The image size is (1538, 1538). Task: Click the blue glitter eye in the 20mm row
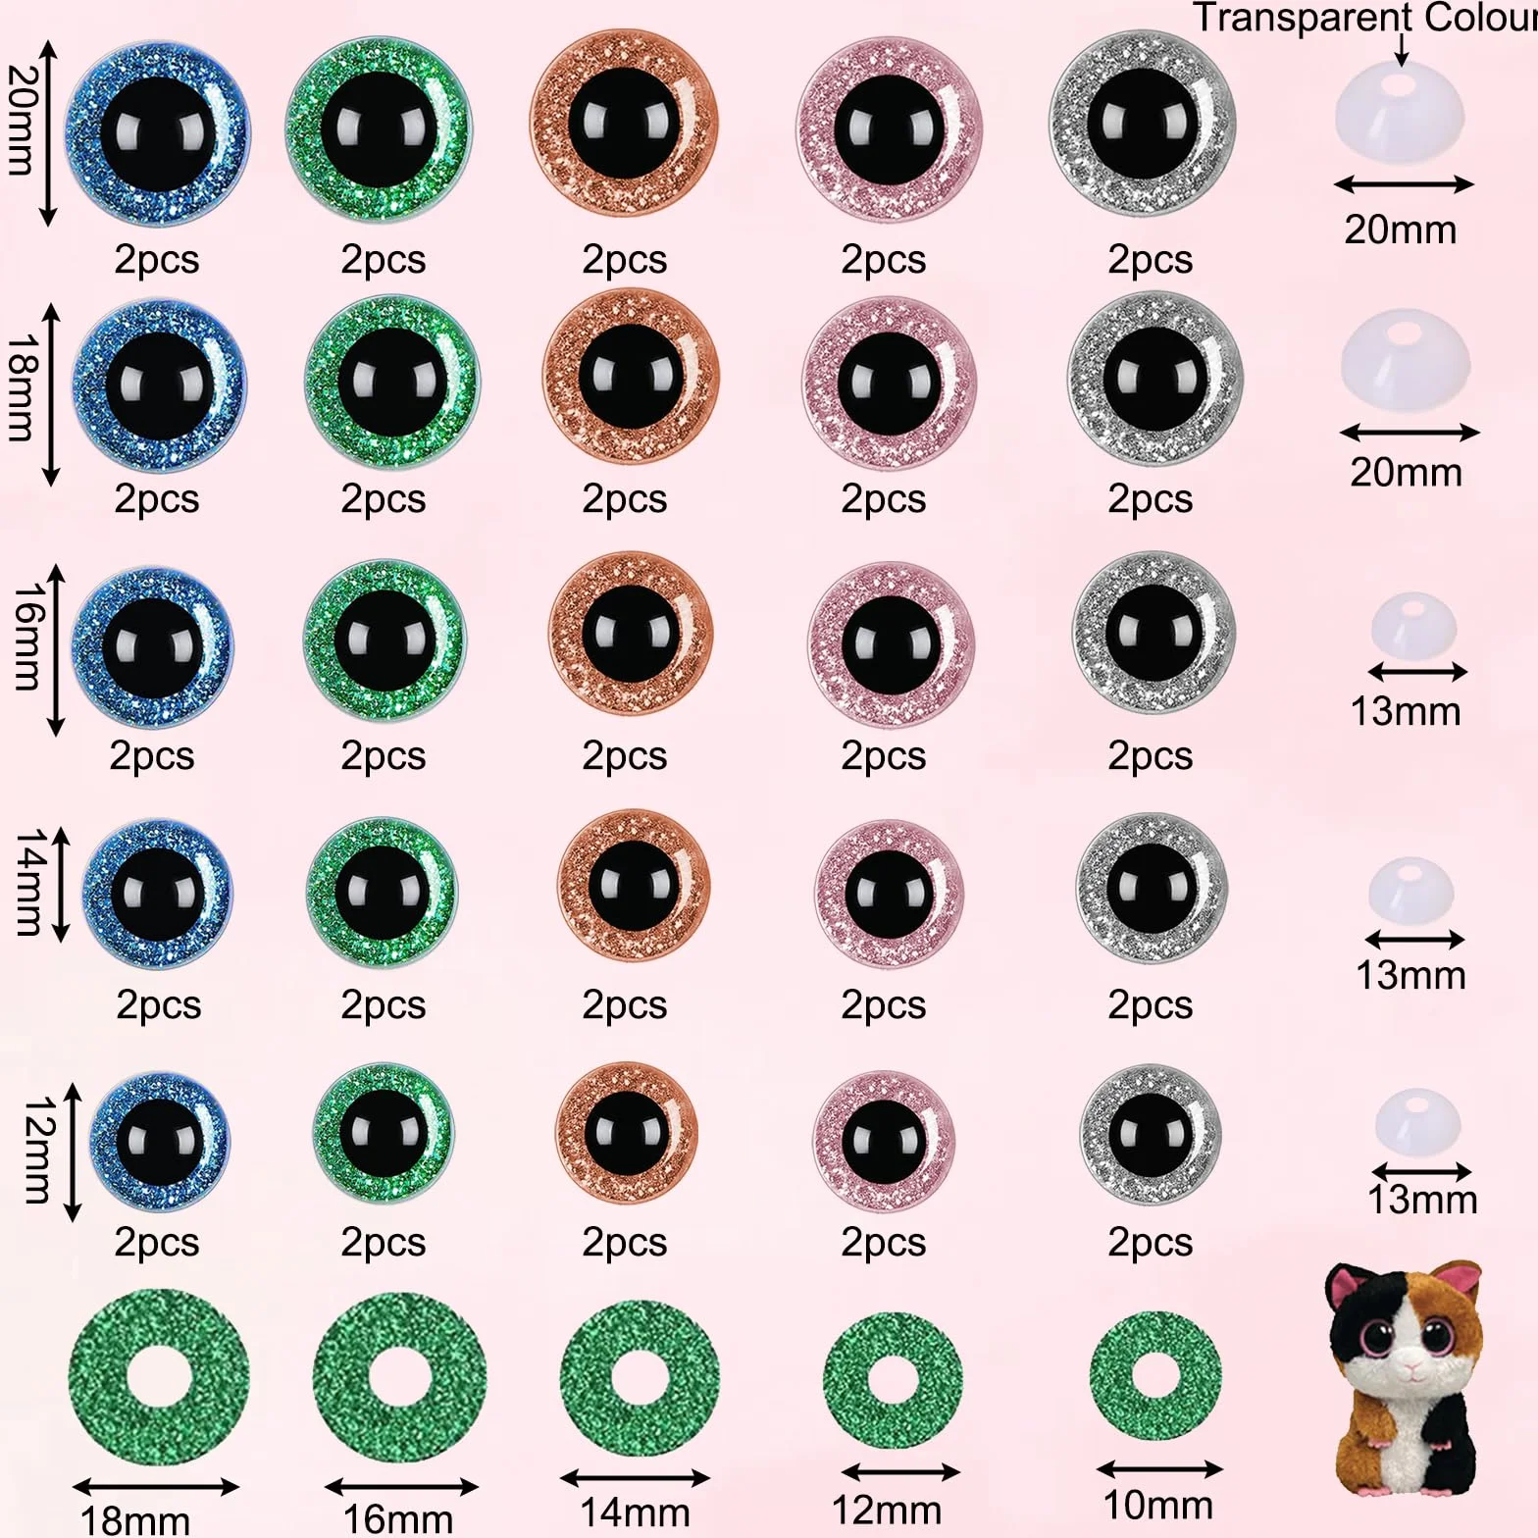157,131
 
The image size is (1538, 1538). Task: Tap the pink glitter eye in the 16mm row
891,644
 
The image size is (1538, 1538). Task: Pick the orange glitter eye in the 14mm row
633,885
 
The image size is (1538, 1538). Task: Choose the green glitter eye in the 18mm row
391,383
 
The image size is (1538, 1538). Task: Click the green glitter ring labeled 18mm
159,1379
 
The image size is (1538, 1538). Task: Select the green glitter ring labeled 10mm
1156,1375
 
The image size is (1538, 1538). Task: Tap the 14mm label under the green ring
635,1512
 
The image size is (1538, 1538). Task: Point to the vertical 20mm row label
22,121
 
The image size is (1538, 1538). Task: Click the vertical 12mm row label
37,1150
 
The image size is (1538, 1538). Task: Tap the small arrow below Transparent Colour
1402,49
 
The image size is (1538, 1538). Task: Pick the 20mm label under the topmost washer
1400,230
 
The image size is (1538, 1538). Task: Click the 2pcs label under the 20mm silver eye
1150,260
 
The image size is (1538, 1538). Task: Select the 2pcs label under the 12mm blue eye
157,1243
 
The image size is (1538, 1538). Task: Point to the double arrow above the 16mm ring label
401,1487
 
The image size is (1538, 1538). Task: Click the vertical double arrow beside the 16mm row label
56,649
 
